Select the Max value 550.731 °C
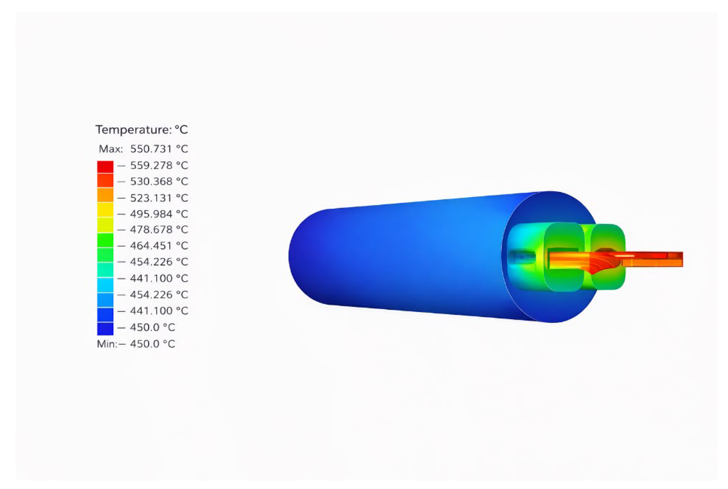(159, 149)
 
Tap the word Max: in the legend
(111, 149)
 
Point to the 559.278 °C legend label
(159, 165)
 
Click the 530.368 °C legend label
(159, 181)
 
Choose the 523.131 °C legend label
(159, 198)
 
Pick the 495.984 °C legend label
(159, 214)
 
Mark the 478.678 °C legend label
(159, 230)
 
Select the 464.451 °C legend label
(159, 246)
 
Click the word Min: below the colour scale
(107, 344)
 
